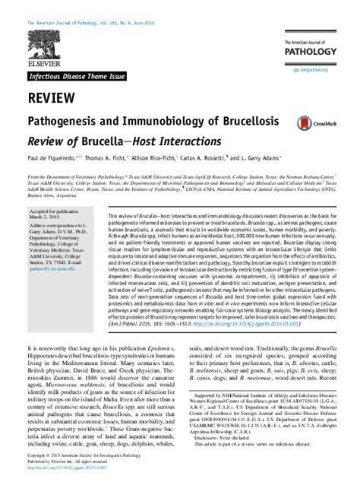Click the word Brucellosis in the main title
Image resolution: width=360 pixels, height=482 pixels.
pyautogui.click(x=230, y=122)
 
